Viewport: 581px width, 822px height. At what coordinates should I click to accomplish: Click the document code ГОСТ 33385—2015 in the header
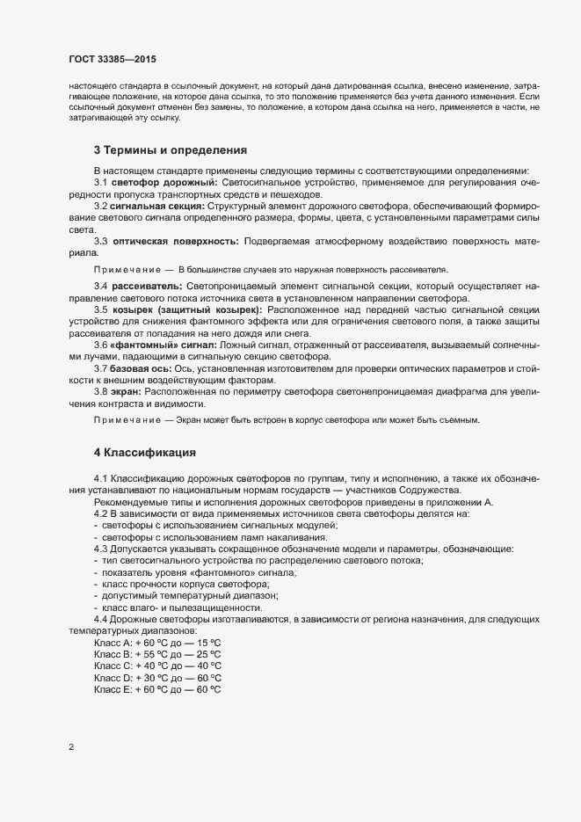coord(113,58)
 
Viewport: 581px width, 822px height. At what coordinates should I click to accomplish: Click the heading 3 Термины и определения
coord(171,150)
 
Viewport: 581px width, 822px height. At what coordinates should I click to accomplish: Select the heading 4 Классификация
coord(144,452)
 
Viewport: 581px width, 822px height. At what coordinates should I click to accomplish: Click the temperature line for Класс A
coord(157,644)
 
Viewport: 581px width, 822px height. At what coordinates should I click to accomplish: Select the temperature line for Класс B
coord(157,655)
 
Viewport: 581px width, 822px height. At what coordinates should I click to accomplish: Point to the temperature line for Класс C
coord(157,666)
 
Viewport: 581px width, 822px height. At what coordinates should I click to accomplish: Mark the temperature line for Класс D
coord(157,678)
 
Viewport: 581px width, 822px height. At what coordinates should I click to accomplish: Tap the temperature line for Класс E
coord(157,690)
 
